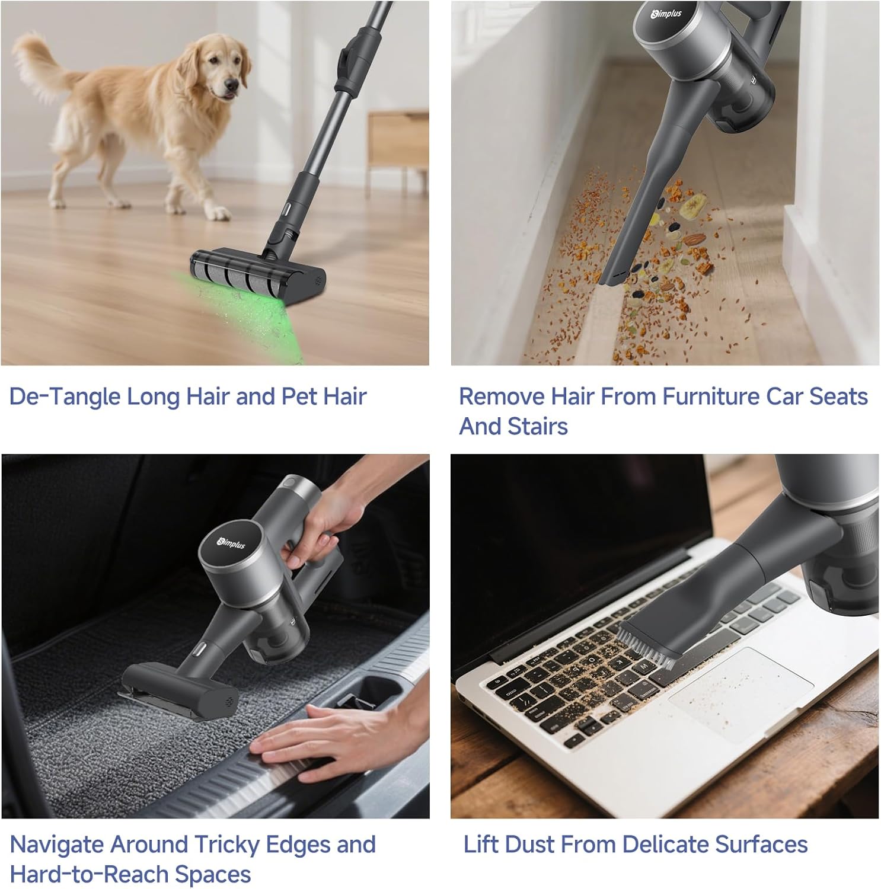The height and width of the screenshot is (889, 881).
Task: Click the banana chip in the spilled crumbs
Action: pyautogui.click(x=691, y=207)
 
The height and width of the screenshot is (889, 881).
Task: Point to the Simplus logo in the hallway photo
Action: pyautogui.click(x=666, y=14)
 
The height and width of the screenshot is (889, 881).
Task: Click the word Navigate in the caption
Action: pyautogui.click(x=57, y=845)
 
